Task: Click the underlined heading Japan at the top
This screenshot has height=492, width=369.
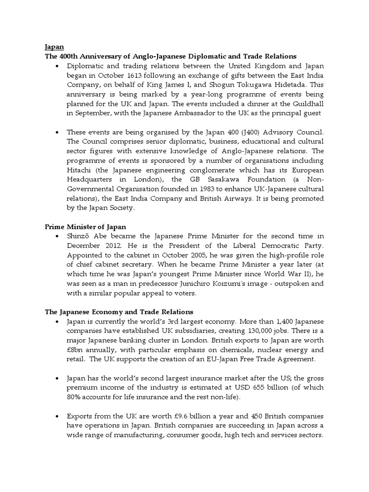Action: pos(54,48)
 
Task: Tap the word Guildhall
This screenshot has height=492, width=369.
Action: pos(305,104)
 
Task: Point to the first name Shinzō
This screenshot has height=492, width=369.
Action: pos(80,236)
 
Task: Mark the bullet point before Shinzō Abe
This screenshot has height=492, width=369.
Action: pos(57,236)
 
